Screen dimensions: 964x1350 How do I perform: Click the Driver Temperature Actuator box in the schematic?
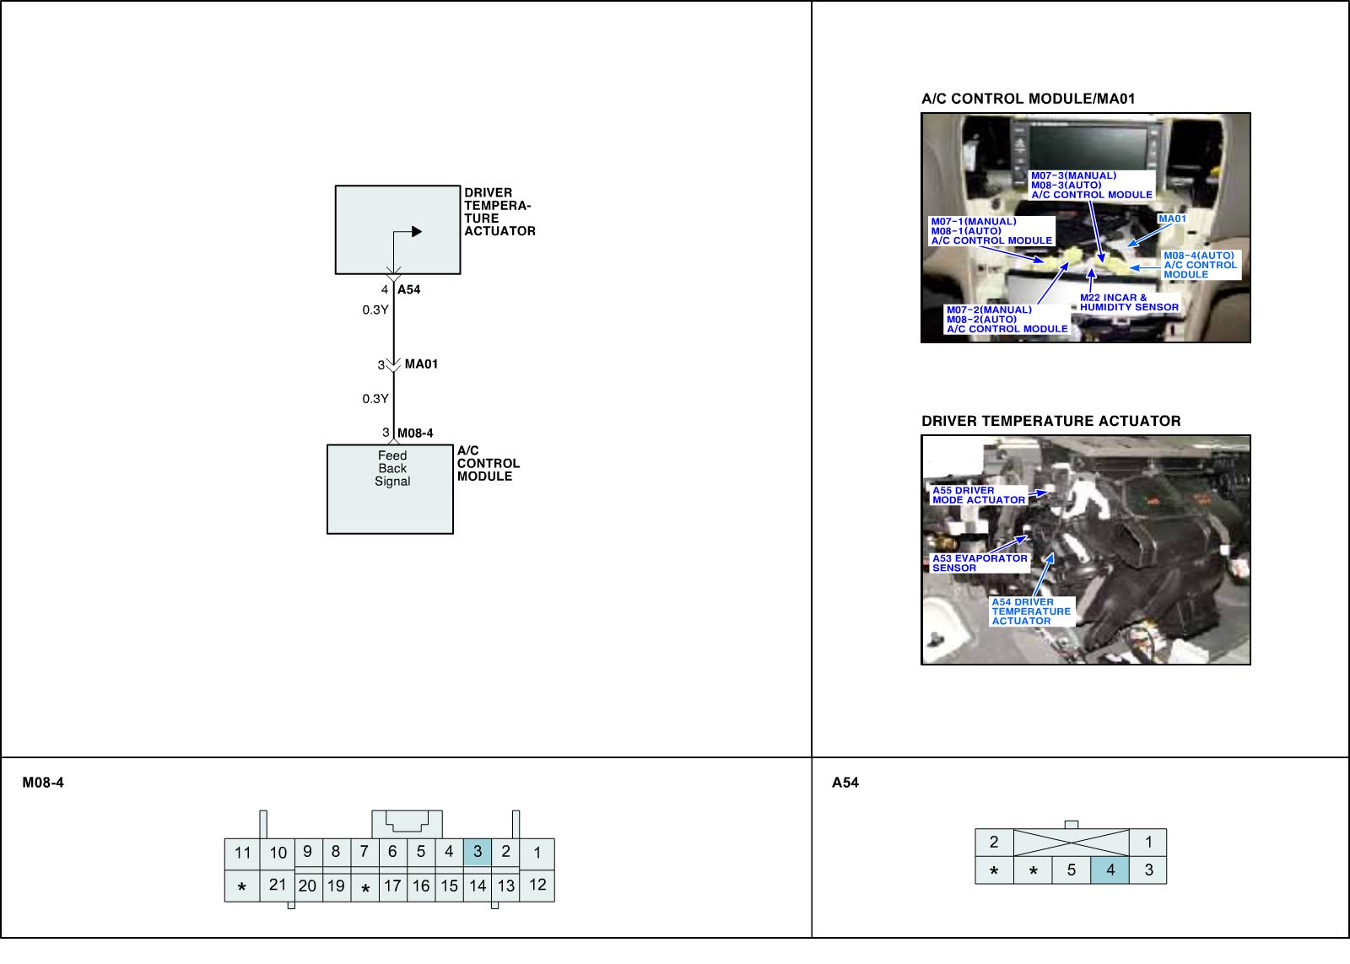[397, 229]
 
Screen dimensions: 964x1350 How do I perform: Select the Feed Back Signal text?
[392, 469]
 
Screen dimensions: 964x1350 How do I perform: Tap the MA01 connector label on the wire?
[421, 364]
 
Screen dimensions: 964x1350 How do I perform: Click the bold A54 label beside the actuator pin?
[409, 289]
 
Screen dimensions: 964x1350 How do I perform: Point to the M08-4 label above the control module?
[415, 434]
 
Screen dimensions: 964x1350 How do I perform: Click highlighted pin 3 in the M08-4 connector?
[478, 852]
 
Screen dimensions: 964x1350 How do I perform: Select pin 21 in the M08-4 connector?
[278, 885]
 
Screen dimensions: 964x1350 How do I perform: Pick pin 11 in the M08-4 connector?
[243, 853]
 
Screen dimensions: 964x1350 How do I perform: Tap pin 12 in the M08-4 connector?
[537, 885]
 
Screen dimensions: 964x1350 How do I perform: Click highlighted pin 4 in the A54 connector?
[1110, 870]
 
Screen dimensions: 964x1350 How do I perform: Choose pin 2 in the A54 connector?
[994, 842]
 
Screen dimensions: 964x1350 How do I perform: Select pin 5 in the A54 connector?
[1072, 870]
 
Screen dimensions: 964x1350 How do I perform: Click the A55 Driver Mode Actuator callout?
[979, 495]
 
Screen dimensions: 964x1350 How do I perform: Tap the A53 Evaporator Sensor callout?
[980, 563]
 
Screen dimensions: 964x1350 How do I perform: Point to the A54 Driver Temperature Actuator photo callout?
[1031, 611]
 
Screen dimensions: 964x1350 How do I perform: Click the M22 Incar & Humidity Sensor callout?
[1129, 303]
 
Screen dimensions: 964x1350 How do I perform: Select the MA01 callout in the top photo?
[1172, 219]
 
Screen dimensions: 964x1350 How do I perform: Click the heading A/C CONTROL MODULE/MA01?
[1028, 99]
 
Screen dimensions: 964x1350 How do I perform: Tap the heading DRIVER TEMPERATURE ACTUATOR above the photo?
[1050, 421]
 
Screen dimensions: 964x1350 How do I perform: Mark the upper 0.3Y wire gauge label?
[375, 310]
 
